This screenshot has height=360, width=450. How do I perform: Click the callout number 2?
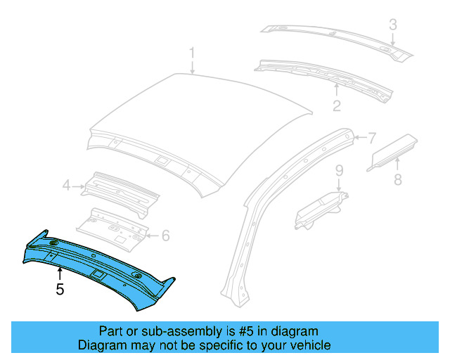coord(337,106)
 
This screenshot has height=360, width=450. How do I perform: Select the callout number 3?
coord(394,25)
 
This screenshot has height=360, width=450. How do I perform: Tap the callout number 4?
coord(66,186)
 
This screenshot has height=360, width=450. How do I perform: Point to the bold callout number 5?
coord(60,288)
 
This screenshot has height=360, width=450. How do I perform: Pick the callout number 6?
coord(165,236)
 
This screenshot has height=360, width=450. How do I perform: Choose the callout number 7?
coord(372,138)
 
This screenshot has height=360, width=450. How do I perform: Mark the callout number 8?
coord(398,179)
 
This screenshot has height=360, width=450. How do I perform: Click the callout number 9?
coord(338,170)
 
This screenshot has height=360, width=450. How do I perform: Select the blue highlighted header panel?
coord(98,264)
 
